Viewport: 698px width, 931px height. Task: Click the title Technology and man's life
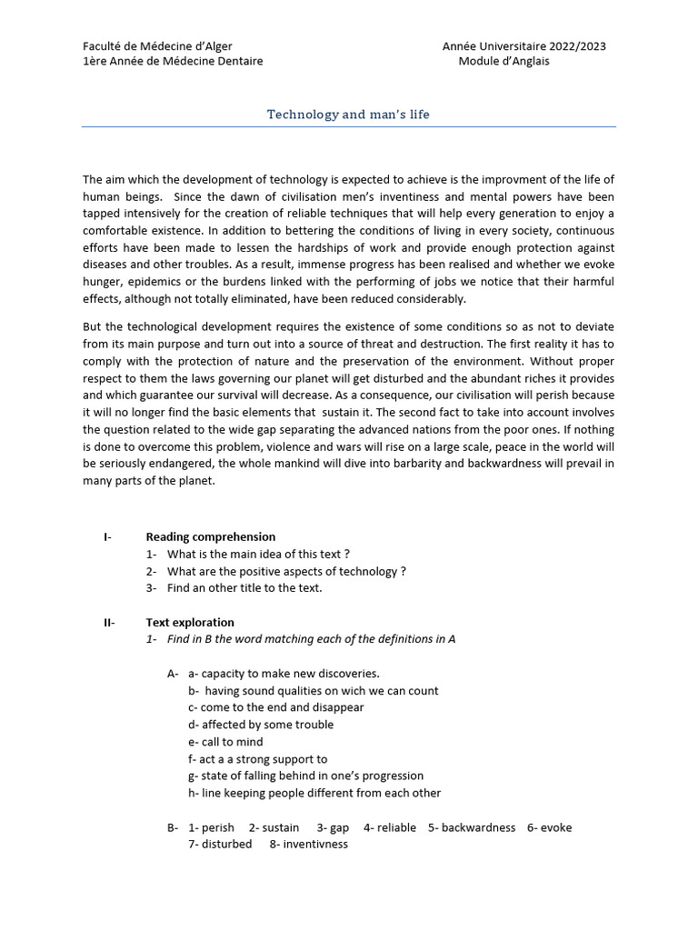click(348, 115)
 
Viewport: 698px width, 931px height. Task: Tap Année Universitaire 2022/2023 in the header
click(523, 46)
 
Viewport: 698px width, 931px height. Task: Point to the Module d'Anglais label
click(504, 62)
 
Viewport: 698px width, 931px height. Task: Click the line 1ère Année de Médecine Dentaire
click(173, 62)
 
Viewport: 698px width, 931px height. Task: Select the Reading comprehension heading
click(210, 537)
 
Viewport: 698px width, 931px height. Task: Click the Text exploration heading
click(190, 623)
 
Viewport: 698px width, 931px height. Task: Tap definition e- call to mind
click(225, 742)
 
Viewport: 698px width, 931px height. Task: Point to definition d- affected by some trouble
click(261, 725)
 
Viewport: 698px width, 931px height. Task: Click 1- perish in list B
click(211, 828)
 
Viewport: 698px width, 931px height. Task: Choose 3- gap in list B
click(333, 828)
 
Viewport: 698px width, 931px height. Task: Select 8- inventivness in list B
click(308, 845)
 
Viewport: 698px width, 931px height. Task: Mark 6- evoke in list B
click(549, 828)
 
